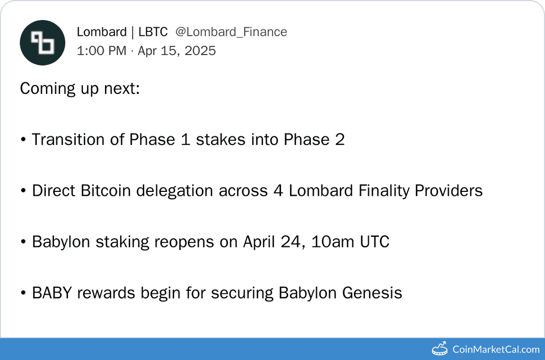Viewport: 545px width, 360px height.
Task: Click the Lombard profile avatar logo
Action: pyautogui.click(x=42, y=43)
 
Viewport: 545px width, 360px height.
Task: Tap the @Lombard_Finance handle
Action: pyautogui.click(x=231, y=32)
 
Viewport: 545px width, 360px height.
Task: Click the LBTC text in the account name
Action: pyautogui.click(x=152, y=32)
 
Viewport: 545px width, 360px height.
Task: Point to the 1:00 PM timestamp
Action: pyautogui.click(x=101, y=51)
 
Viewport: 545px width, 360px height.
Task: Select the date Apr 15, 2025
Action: pyautogui.click(x=176, y=51)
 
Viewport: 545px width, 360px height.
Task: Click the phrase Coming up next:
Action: pyautogui.click(x=80, y=89)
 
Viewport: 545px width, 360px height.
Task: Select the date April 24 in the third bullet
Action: pyautogui.click(x=273, y=242)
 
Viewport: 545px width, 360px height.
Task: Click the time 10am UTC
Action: pyautogui.click(x=350, y=242)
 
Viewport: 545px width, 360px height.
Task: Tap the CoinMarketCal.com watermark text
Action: pyautogui.click(x=496, y=349)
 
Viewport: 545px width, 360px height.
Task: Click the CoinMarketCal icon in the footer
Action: pyautogui.click(x=440, y=349)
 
